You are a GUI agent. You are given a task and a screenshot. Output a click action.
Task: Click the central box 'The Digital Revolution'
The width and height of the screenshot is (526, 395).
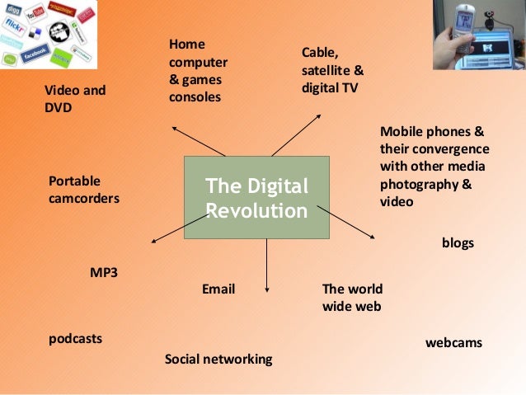[x=256, y=198]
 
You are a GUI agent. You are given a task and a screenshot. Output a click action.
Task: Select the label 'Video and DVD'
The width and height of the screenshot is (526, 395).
[x=75, y=98]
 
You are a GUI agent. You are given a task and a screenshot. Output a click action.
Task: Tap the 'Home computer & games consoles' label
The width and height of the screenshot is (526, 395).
[x=198, y=70]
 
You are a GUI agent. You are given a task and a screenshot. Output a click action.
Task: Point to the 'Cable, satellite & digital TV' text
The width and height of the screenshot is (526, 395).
[x=331, y=70]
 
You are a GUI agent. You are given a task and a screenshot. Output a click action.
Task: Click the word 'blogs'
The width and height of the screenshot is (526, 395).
[x=458, y=244]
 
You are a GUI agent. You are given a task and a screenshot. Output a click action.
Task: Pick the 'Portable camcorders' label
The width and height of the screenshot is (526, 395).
[x=84, y=189]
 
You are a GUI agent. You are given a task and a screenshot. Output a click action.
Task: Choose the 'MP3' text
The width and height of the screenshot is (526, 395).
[x=104, y=271]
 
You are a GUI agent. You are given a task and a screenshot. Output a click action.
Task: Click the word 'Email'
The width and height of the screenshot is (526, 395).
[x=218, y=289]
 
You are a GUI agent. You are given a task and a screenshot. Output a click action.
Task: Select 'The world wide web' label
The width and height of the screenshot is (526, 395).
[x=352, y=298]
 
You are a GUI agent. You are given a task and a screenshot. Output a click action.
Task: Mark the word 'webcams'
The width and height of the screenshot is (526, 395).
[x=453, y=341]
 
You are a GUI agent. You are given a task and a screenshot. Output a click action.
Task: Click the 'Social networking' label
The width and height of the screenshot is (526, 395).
[x=218, y=360]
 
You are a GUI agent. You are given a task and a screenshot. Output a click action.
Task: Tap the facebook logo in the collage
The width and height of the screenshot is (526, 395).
[x=36, y=53]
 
